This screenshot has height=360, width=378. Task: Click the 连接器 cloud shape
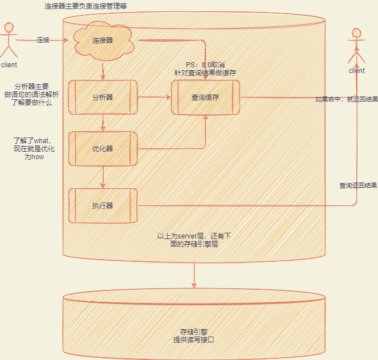(103, 40)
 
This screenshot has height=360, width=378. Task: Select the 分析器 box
(103, 97)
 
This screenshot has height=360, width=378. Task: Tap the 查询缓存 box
(205, 97)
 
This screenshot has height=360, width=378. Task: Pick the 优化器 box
(103, 148)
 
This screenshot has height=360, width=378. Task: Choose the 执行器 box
(103, 205)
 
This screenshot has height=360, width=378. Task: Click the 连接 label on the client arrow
(43, 40)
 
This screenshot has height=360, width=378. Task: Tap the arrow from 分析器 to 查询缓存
(154, 97)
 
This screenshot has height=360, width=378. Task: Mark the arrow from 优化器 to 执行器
(103, 177)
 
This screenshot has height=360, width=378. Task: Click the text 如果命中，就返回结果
(346, 99)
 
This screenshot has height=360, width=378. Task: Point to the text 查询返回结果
(358, 185)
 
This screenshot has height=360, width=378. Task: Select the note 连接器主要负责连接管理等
(86, 6)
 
